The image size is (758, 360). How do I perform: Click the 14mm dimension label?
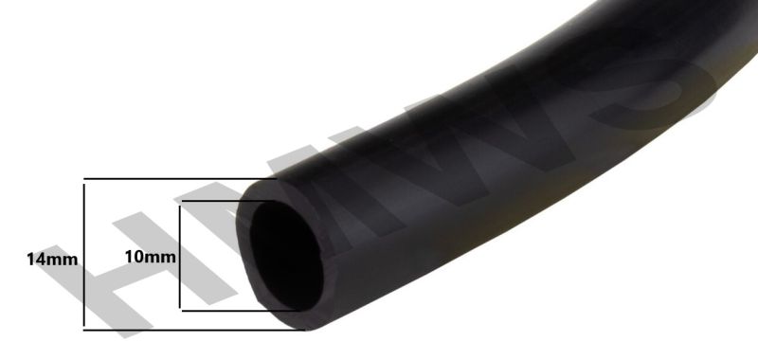click(52, 260)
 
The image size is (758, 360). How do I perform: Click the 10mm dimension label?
click(151, 257)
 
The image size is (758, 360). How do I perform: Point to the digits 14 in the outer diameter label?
click(36, 260)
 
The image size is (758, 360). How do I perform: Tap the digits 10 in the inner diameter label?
click(135, 257)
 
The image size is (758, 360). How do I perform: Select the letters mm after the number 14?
click(62, 261)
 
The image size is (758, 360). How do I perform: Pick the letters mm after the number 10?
click(160, 258)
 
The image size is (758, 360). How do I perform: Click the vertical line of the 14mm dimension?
click(84, 255)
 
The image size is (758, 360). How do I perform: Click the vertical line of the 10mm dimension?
click(180, 257)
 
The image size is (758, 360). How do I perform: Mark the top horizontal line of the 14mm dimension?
click(180, 179)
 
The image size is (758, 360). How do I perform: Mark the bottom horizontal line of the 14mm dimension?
click(194, 330)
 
